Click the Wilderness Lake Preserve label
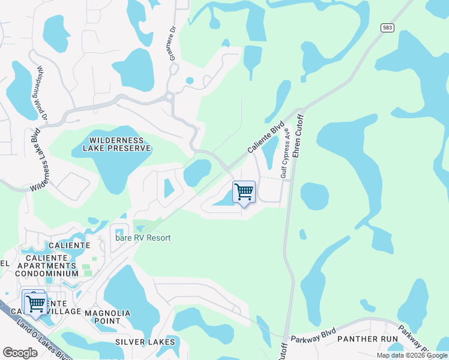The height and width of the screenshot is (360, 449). click(111, 143)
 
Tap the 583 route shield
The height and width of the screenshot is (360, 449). click(387, 28)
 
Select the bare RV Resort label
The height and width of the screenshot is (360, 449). click(143, 238)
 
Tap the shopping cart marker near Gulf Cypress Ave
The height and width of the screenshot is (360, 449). click(244, 192)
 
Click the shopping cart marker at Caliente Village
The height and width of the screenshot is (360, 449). click(35, 302)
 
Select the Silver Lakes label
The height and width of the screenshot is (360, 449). click(146, 342)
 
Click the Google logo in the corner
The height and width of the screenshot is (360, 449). click(20, 353)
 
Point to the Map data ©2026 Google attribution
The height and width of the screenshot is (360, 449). click(412, 355)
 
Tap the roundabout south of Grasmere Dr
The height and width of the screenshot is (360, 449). click(170, 97)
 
